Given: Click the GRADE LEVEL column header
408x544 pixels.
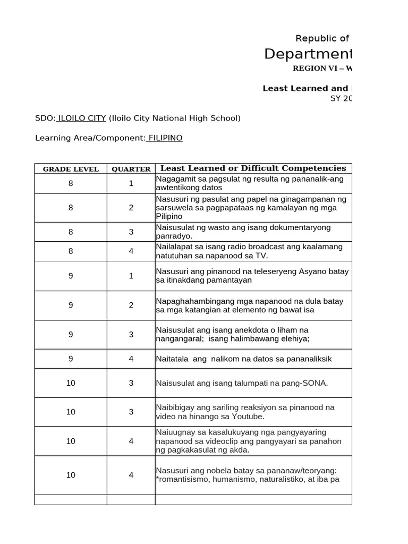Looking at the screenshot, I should (x=71, y=169).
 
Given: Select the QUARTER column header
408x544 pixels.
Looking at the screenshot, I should (x=131, y=169).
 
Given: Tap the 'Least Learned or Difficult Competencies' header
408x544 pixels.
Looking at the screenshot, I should (x=253, y=168).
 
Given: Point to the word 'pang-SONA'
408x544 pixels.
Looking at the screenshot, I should (x=307, y=383).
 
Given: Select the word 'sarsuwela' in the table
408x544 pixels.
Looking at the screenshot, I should (x=173, y=208).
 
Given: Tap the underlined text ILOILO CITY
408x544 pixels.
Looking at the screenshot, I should (x=81, y=118).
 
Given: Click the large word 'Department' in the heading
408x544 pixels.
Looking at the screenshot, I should (x=308, y=54).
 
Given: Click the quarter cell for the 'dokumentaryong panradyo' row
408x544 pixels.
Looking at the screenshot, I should (x=131, y=232).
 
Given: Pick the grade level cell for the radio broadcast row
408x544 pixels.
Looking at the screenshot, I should (x=71, y=251).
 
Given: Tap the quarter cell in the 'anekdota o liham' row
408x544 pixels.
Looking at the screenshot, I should (x=131, y=334).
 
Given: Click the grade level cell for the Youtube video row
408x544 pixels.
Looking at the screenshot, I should (x=71, y=412).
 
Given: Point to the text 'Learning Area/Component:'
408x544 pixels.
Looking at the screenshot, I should (x=90, y=138).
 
